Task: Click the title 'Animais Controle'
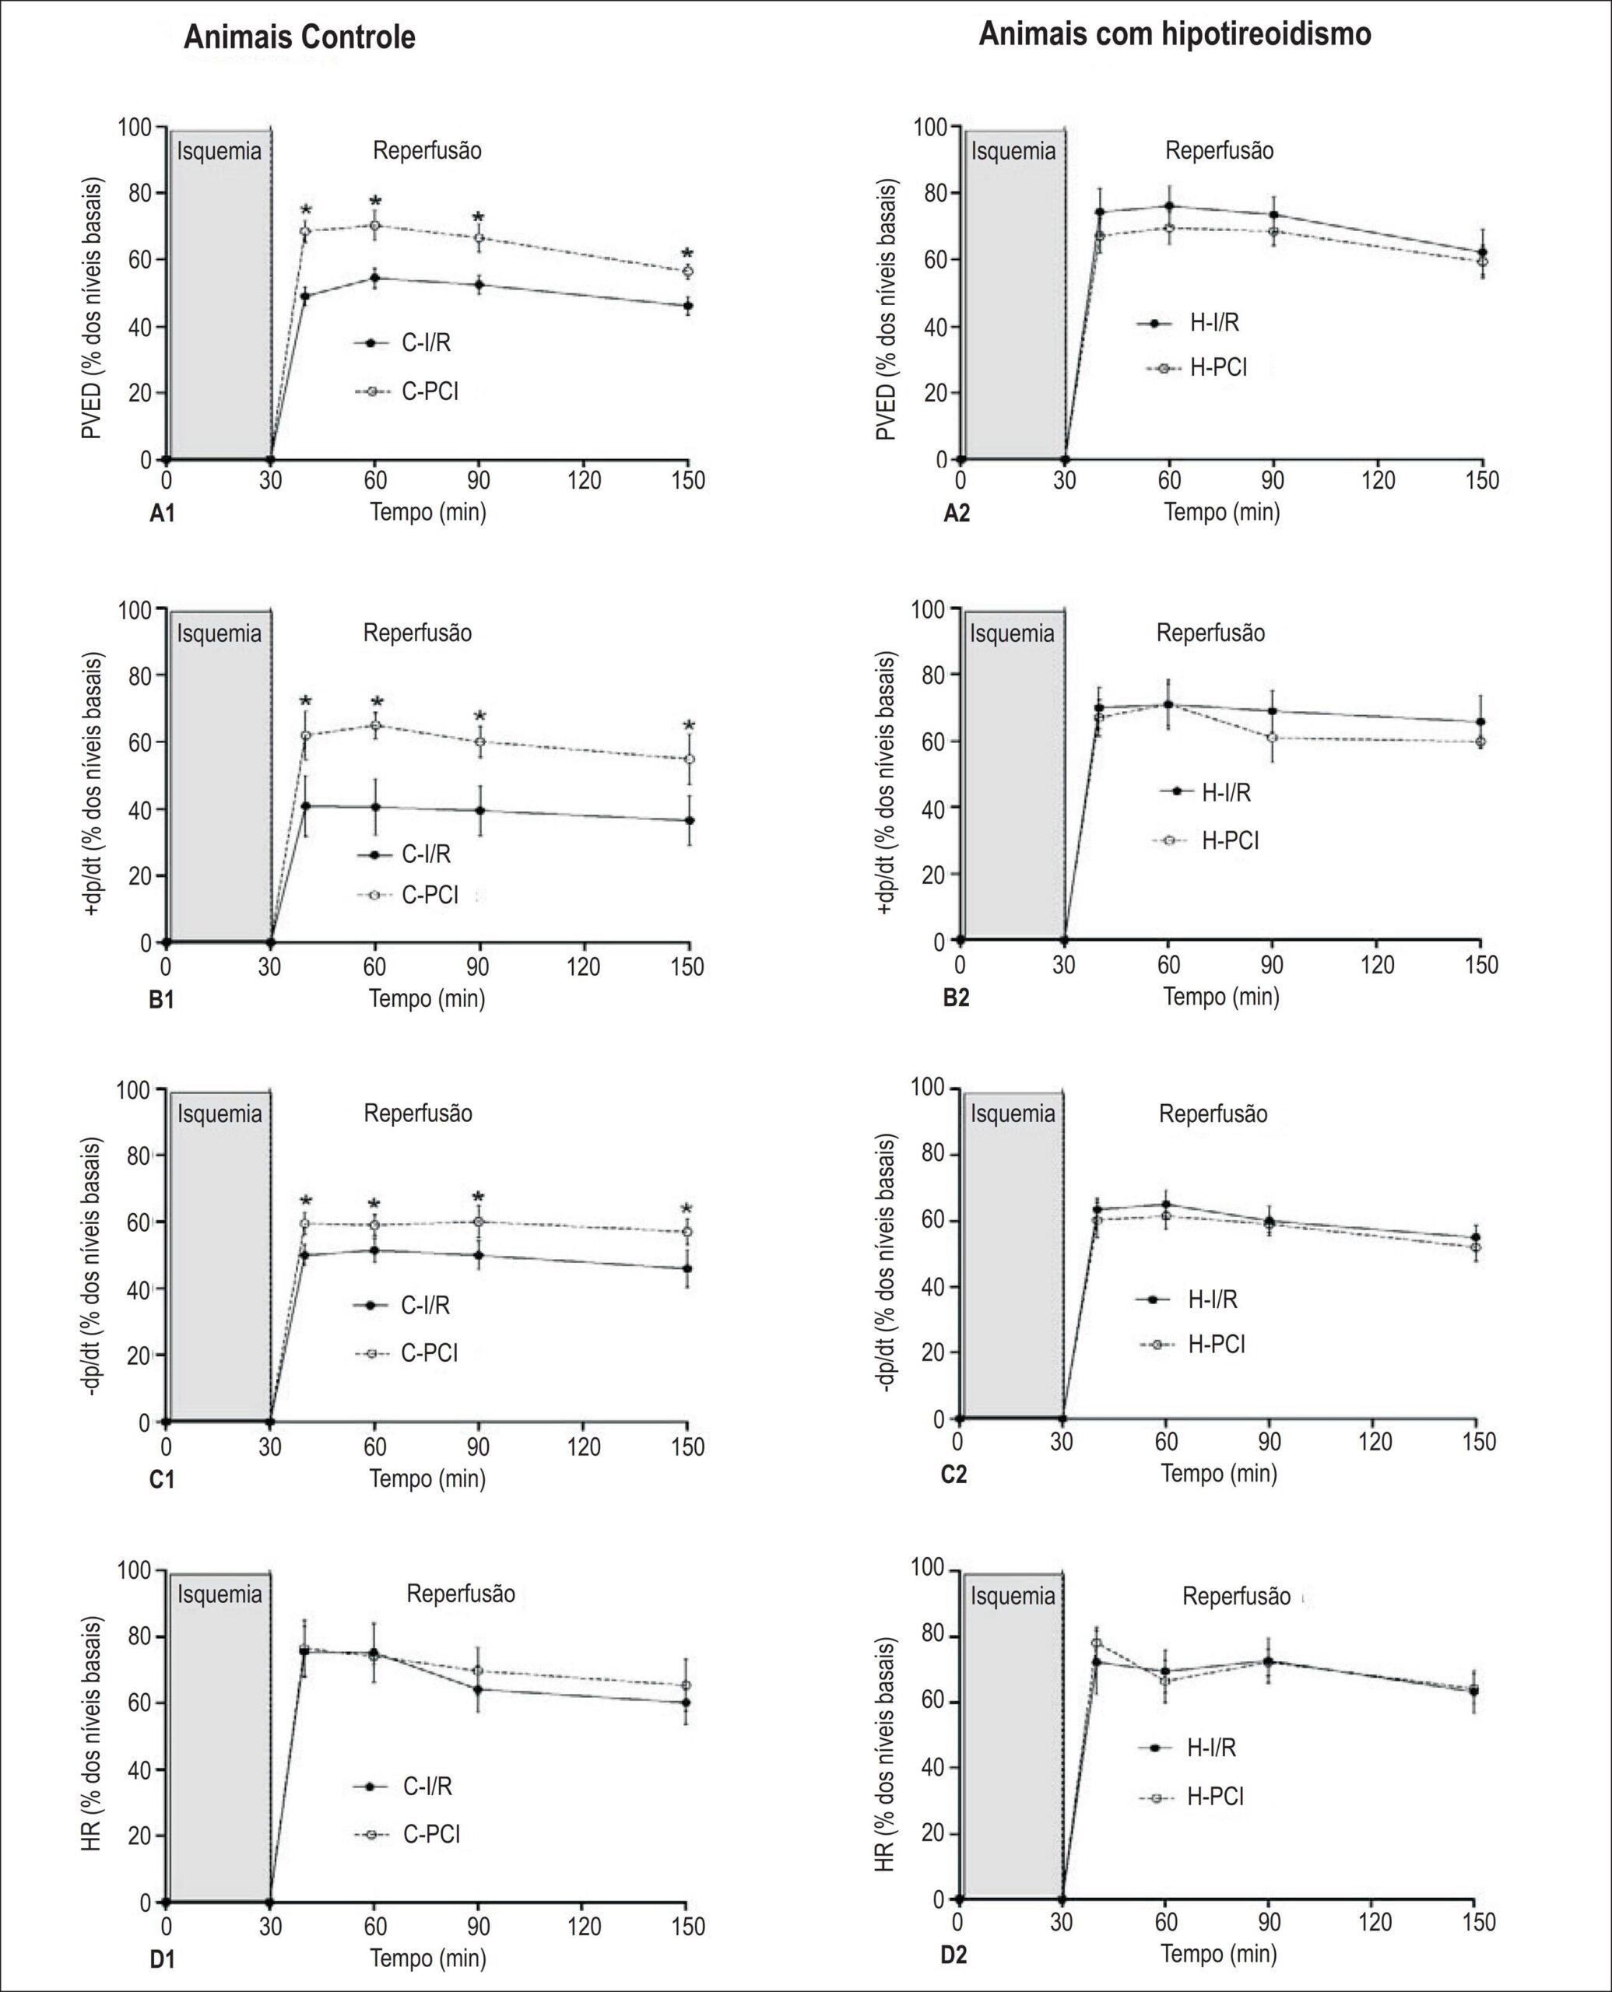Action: point(299,37)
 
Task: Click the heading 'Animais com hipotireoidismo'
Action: point(1175,34)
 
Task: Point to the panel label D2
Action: point(954,1955)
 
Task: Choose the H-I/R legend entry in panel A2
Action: point(1188,323)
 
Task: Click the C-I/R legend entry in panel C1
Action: point(402,1305)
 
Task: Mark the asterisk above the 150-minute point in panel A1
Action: point(687,254)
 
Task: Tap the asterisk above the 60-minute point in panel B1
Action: point(377,702)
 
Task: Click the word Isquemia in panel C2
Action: point(1013,1114)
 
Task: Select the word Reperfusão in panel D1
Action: point(461,1594)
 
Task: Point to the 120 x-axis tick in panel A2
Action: point(1378,481)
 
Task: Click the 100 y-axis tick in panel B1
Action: point(135,610)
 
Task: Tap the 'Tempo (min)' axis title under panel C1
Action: point(428,1478)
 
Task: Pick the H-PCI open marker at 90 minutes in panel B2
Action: point(1272,738)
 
